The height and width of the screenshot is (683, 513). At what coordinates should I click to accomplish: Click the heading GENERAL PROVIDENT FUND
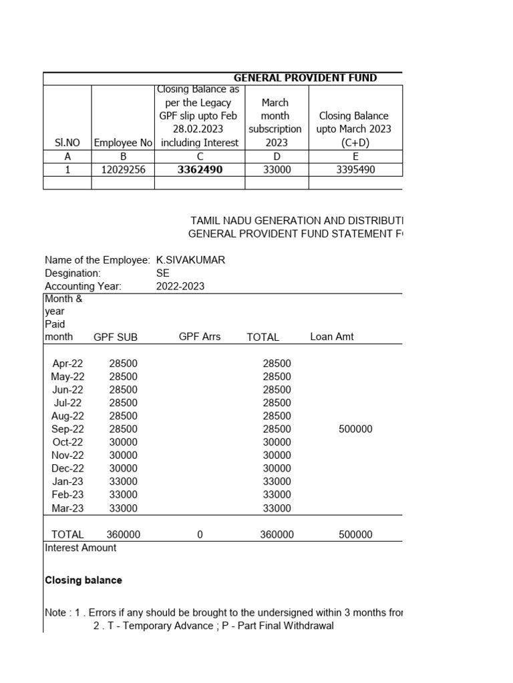(x=305, y=78)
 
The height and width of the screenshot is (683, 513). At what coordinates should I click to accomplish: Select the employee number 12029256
(x=123, y=170)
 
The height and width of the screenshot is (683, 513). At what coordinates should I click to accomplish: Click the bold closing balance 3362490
(x=200, y=170)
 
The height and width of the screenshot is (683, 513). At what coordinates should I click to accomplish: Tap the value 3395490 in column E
(x=355, y=170)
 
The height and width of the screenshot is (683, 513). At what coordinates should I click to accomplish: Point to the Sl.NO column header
(x=67, y=142)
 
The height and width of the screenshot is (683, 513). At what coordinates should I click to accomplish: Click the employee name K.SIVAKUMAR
(x=190, y=260)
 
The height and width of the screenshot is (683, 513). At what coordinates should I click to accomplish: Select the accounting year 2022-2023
(x=180, y=286)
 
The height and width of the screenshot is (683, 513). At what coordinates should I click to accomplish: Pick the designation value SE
(x=163, y=273)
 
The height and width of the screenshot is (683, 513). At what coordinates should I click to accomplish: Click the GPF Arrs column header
(x=200, y=337)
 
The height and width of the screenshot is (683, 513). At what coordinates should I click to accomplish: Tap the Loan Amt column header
(x=332, y=337)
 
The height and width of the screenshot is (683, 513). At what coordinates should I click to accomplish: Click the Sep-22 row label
(x=67, y=429)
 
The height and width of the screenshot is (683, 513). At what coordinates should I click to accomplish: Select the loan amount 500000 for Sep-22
(x=355, y=429)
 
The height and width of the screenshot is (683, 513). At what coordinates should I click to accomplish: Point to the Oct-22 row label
(x=67, y=442)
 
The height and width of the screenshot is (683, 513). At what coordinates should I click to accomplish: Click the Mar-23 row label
(x=67, y=508)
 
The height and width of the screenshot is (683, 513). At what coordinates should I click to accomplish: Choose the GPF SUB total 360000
(x=123, y=534)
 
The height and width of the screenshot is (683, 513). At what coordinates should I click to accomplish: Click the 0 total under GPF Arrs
(x=200, y=534)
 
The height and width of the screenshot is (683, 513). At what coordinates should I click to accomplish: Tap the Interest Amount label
(x=80, y=548)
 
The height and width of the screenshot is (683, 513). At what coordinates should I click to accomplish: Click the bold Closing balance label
(x=83, y=580)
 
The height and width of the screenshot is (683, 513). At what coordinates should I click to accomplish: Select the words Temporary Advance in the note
(x=164, y=626)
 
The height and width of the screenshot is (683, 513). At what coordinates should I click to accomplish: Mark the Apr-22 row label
(x=67, y=364)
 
